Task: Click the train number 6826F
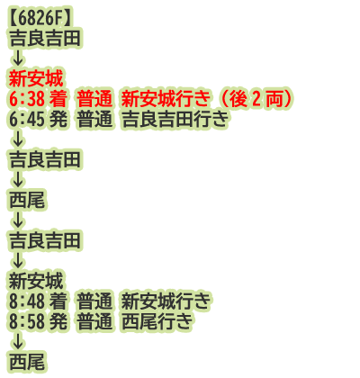[x=40, y=19]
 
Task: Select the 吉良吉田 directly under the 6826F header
[x=45, y=39]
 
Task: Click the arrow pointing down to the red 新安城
[x=18, y=58]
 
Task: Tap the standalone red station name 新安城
[x=36, y=79]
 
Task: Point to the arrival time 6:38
[x=27, y=99]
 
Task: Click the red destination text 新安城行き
[x=166, y=99]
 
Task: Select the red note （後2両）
[x=256, y=99]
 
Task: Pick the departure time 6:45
[x=27, y=119]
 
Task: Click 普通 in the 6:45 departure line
[x=94, y=119]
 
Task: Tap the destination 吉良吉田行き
[x=175, y=119]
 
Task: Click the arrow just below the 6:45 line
[x=18, y=139]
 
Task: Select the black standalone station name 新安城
[x=36, y=281]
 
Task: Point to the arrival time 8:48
[x=27, y=301]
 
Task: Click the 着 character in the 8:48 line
[x=58, y=301]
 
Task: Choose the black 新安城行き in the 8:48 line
[x=166, y=301]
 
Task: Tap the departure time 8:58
[x=27, y=321]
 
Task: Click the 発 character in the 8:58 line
[x=58, y=321]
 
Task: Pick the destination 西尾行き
[x=157, y=321]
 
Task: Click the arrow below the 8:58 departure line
[x=18, y=341]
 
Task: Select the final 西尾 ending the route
[x=27, y=362]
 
